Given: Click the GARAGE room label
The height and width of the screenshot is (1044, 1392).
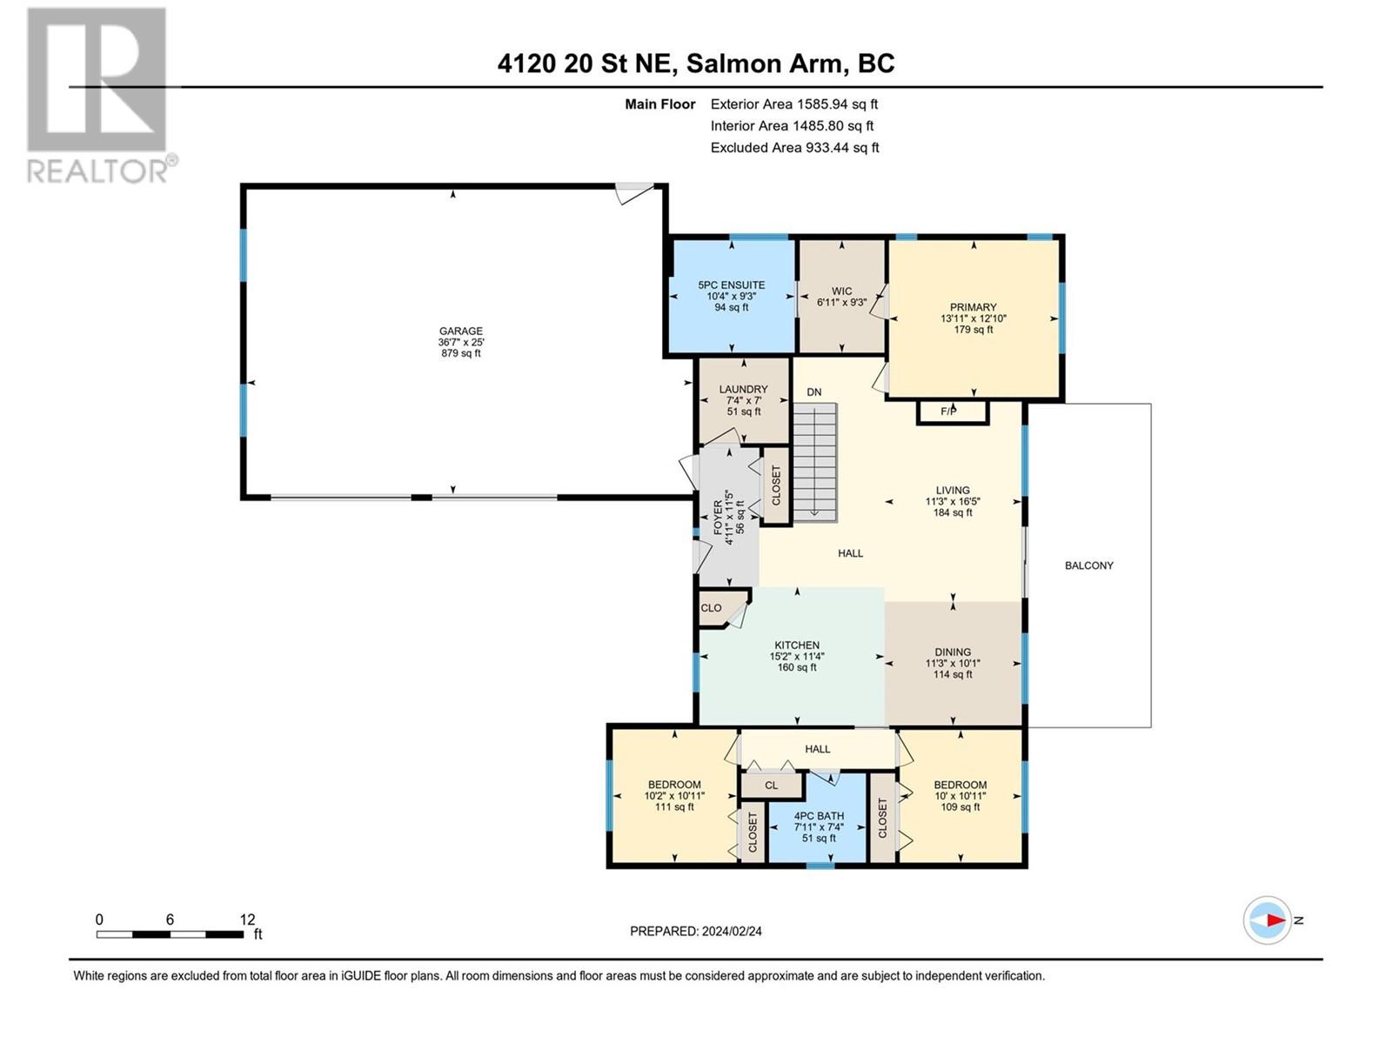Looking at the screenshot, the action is coord(461,331).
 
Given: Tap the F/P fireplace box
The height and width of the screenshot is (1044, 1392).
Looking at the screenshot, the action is coord(952,412).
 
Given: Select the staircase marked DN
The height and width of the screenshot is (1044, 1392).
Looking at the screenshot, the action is coord(815,462).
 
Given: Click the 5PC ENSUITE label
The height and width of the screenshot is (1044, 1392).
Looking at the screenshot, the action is coord(731,285).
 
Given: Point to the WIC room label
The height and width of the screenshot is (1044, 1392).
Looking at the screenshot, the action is coord(841,291).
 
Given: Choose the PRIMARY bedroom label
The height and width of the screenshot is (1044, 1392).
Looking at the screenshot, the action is coord(974,307).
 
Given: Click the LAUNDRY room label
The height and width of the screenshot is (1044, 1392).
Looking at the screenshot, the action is coord(743,389).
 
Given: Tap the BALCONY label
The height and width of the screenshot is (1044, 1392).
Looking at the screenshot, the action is coord(1089,565).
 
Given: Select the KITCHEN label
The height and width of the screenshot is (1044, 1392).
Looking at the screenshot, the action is coord(797,646).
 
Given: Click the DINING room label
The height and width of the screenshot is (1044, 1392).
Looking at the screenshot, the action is coord(953,652).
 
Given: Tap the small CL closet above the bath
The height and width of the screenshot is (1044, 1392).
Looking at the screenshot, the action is coord(771,786).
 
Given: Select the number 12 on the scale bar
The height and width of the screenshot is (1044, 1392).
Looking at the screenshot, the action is coord(247,919).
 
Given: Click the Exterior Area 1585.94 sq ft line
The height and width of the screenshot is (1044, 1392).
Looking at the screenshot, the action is coord(794,104).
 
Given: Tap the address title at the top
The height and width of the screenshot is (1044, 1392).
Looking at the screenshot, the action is coord(696,64).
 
